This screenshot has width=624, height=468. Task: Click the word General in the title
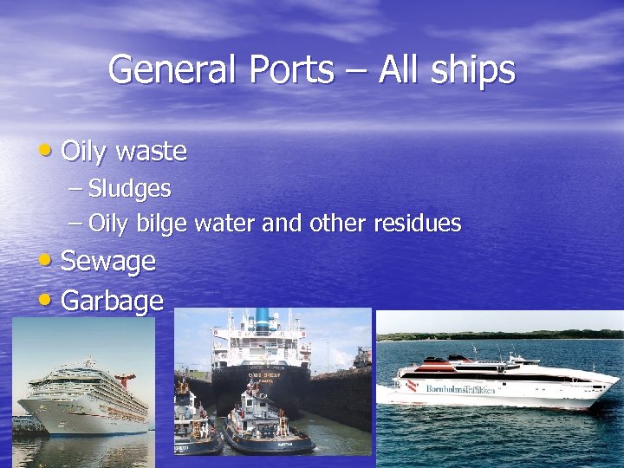tap(172, 68)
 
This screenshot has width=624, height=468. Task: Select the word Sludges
tap(129, 188)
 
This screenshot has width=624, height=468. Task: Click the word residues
tap(417, 224)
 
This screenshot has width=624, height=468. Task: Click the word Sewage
tap(107, 262)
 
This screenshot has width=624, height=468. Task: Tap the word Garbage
tap(112, 301)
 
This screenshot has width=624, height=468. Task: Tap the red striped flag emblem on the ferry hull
tap(412, 386)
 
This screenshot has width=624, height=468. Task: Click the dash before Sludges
tap(75, 188)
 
